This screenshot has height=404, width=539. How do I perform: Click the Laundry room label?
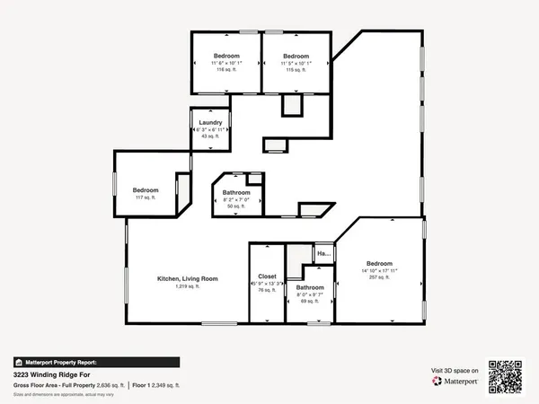coord(210,122)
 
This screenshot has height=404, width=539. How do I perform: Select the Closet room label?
coord(266,277)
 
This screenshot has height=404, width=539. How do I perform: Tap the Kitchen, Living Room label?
coord(188,278)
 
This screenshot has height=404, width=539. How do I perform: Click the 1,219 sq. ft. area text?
coord(188,286)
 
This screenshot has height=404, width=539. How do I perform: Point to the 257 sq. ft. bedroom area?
coord(379,277)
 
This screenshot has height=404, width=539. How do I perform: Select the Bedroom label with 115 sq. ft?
coord(296,56)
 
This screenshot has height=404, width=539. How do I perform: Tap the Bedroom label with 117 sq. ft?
coord(146,189)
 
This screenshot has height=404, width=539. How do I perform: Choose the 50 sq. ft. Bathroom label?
coord(236,192)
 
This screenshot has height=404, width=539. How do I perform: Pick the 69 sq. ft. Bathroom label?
coord(310,287)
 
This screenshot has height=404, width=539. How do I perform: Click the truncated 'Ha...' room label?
coord(323,254)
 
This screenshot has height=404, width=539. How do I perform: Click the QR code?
coord(505,376)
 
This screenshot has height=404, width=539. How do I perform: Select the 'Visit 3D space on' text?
coord(455,370)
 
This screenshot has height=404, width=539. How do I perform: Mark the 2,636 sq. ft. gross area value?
coord(108,383)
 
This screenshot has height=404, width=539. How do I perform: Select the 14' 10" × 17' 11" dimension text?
coord(379,270)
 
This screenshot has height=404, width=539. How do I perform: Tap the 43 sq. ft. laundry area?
coord(210,136)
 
